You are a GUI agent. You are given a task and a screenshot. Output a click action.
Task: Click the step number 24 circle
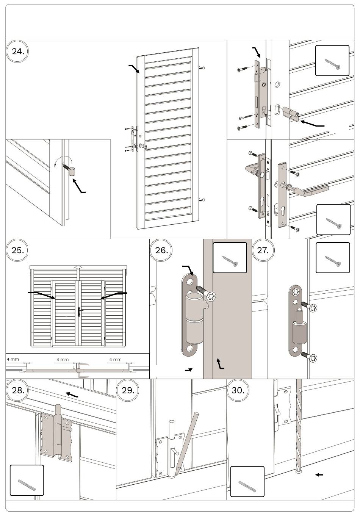[18, 52]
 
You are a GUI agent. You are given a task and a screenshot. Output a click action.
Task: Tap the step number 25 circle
[18, 250]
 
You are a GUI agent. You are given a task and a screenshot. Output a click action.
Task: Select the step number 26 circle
[161, 250]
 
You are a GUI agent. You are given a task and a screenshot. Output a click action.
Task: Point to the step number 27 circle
[263, 250]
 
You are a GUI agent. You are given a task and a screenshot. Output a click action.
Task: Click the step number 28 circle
[18, 390]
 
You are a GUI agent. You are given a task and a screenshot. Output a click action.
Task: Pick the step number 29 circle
[128, 390]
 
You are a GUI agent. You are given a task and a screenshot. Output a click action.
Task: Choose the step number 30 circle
[238, 390]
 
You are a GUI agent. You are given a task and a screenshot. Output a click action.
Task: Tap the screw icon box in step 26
[230, 258]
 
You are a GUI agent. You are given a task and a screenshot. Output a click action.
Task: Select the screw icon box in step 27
[333, 258]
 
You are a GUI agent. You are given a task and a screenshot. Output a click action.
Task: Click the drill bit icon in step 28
[27, 480]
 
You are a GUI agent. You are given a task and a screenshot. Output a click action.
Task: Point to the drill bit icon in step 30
[247, 481]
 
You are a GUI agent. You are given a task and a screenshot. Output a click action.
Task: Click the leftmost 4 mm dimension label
[13, 359]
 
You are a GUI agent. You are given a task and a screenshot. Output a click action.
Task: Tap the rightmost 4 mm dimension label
[115, 359]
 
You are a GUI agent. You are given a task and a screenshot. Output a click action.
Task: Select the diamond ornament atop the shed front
[78, 267]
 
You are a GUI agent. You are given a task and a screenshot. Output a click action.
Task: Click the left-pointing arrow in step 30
[319, 474]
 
